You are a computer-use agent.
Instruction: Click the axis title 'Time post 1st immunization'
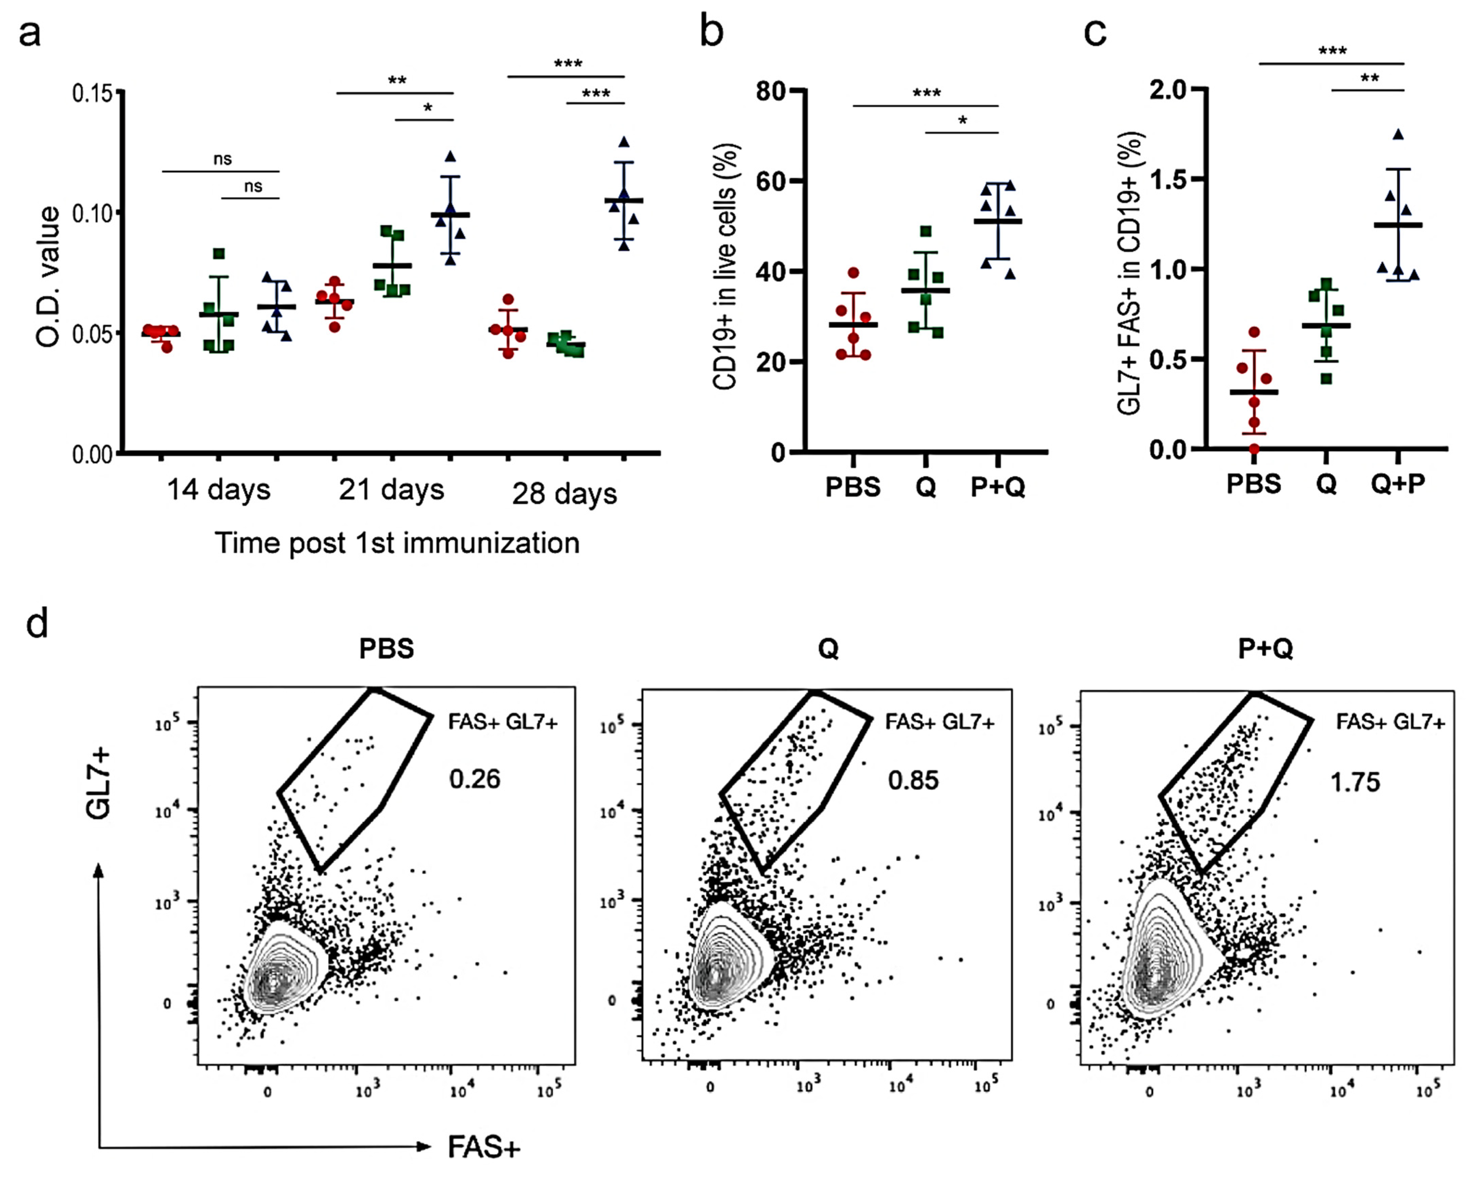tap(397, 543)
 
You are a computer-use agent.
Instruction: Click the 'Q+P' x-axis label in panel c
tap(1398, 483)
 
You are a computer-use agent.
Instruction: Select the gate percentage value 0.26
tap(475, 778)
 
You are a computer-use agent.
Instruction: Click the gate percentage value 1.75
tap(1355, 781)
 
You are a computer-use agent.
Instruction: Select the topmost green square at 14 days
tap(219, 254)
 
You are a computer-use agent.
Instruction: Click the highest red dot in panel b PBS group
tap(853, 273)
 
